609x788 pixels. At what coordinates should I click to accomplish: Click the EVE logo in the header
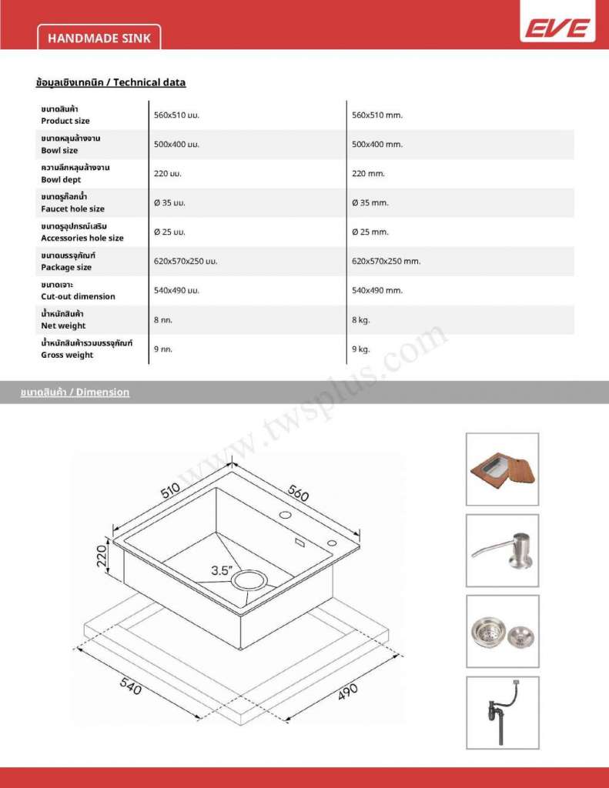(557, 28)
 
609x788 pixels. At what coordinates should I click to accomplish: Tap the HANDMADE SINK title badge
(99, 38)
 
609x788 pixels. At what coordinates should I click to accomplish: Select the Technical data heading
(111, 82)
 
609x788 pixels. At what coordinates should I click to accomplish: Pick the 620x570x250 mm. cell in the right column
(386, 262)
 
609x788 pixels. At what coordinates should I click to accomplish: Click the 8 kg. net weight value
(360, 320)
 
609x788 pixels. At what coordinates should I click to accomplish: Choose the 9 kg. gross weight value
(360, 349)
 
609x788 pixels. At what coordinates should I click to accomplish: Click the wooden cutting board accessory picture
(502, 469)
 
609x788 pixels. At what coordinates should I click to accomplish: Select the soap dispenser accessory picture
(502, 550)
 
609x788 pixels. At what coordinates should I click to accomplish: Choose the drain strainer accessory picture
(502, 631)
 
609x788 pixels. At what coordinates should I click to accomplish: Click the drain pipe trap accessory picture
(502, 713)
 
